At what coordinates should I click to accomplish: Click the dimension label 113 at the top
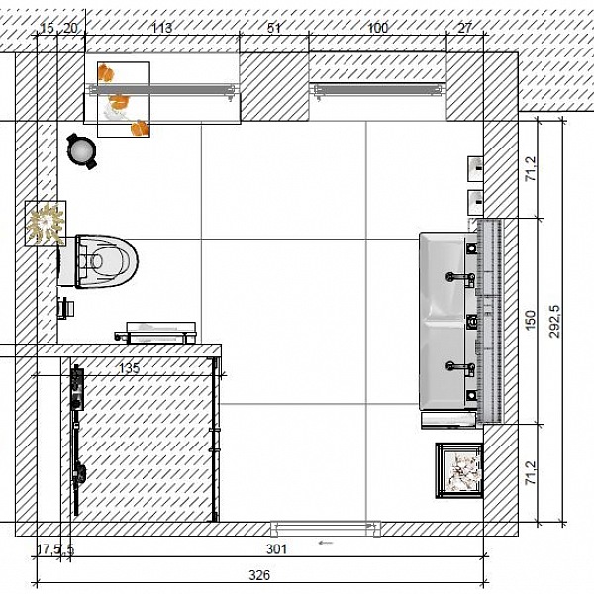point(162,28)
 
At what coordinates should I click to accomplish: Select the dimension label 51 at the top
point(274,28)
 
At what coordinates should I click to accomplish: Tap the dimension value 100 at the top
point(378,28)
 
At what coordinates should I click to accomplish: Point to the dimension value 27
point(465,28)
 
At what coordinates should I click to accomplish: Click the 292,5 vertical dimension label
point(555,321)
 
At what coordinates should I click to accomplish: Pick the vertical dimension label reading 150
point(531,320)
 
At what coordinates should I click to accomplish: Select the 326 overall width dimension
point(259,575)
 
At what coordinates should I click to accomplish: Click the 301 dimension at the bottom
point(276,548)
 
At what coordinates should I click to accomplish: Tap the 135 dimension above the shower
point(129,368)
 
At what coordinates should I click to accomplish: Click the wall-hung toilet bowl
point(99,261)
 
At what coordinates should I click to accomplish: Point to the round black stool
point(82,151)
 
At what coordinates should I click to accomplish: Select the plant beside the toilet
point(46,223)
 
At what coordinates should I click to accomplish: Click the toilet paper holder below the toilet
point(66,308)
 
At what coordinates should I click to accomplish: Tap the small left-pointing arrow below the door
point(326,543)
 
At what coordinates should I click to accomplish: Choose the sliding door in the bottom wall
point(326,529)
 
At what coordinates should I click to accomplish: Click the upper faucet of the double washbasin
point(460,278)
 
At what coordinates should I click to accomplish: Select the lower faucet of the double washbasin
point(460,368)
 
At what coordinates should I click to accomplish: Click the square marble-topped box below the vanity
point(459,470)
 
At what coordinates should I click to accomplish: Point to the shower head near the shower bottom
point(80,473)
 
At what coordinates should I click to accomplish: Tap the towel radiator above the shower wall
point(155,334)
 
